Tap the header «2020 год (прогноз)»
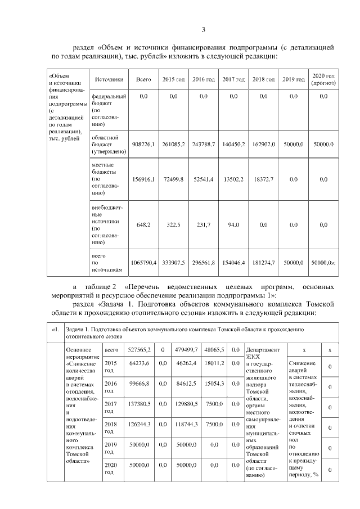323,79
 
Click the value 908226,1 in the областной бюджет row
143,145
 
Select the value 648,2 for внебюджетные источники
143,224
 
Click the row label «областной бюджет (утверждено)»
106,145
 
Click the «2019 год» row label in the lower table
110,448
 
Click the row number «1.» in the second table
54,329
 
